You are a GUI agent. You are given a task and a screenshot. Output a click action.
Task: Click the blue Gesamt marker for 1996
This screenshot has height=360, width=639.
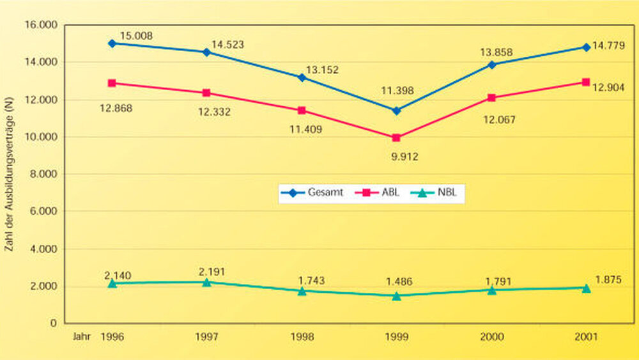pyautogui.click(x=112, y=43)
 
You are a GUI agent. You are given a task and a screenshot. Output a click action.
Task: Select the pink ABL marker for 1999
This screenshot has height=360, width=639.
pyautogui.click(x=396, y=137)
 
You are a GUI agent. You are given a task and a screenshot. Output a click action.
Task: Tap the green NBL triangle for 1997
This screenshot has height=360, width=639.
pyautogui.click(x=207, y=282)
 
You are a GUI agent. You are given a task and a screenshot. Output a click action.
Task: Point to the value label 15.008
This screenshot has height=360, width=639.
pyautogui.click(x=136, y=36)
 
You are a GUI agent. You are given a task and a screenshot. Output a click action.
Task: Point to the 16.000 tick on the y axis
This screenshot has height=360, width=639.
pyautogui.click(x=41, y=25)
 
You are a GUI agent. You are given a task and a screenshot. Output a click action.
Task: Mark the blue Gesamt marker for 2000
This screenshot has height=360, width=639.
pyautogui.click(x=491, y=65)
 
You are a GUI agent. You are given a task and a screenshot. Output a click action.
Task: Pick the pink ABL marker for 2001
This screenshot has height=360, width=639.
pyautogui.click(x=586, y=82)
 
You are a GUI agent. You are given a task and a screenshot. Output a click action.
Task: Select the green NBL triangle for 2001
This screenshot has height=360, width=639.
pyautogui.click(x=586, y=288)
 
